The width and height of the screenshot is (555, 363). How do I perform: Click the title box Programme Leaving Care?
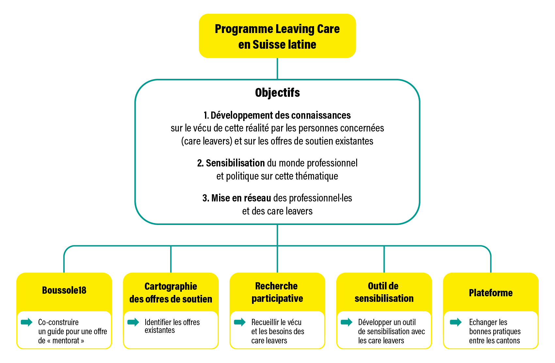[x=277, y=36]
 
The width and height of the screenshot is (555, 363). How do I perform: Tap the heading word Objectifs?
[x=277, y=93]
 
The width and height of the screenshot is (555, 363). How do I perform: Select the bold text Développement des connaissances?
[x=280, y=115]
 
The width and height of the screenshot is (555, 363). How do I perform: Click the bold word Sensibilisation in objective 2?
[x=235, y=163]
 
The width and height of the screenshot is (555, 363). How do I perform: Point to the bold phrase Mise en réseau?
[x=241, y=198]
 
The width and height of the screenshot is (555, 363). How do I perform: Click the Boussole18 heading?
[x=64, y=290]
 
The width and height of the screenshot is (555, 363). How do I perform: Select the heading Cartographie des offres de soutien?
[x=171, y=293]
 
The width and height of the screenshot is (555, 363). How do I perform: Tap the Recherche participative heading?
[x=277, y=292]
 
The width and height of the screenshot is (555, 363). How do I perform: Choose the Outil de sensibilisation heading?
[x=384, y=292]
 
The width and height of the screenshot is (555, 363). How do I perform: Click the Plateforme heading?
[x=491, y=293]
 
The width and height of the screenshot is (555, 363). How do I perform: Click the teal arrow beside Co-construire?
[x=26, y=322]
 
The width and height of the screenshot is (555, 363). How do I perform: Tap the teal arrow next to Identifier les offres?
[x=133, y=322]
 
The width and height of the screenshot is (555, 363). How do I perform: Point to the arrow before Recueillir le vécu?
[x=240, y=322]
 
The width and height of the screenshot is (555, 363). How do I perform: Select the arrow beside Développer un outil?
[x=347, y=322]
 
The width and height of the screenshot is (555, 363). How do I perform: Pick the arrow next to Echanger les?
[x=456, y=322]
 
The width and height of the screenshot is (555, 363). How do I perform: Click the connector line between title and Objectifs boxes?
[x=277, y=69]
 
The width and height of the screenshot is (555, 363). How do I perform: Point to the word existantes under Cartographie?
[x=160, y=330]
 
